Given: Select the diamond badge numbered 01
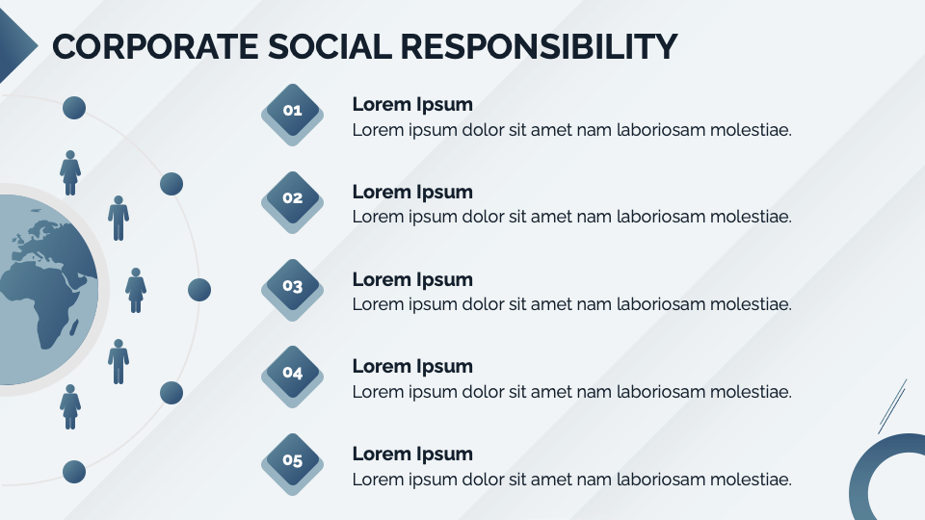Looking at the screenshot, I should coord(292,111).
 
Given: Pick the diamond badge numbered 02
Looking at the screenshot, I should coord(292,198).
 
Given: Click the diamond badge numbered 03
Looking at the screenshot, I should coord(292,286).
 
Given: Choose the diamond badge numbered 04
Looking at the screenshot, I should coord(292,373).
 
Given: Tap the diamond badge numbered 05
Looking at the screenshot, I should coord(292,460).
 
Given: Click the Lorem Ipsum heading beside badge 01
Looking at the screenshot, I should coord(412,105).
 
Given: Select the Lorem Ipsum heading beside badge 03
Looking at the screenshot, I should coord(412,280).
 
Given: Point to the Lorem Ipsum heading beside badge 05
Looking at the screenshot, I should coord(412,455).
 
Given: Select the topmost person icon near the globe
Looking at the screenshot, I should coord(69,172).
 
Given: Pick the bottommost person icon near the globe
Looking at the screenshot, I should coord(69,405).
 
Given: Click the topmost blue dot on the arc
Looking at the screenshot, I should coord(74,108).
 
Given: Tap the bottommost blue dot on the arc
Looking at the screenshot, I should coord(74,471).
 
